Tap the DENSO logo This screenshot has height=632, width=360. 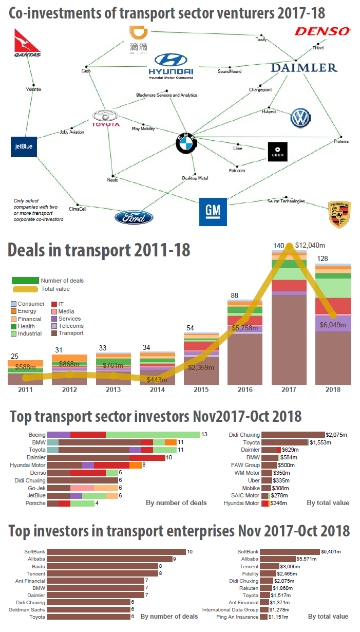coord(322,32)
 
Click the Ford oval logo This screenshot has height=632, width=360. coord(134,217)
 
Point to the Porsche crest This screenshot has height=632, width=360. coord(339,214)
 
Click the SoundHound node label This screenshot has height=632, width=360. coord(230,71)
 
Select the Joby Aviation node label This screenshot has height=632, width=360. coord(72,132)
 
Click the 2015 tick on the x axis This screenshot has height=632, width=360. coord(201,390)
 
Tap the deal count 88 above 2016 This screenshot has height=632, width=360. coord(234,295)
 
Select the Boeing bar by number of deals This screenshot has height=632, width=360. coord(123,435)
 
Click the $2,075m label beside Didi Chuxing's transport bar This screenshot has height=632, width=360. coord(337,435)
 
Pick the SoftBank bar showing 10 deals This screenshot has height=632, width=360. coord(116,552)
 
